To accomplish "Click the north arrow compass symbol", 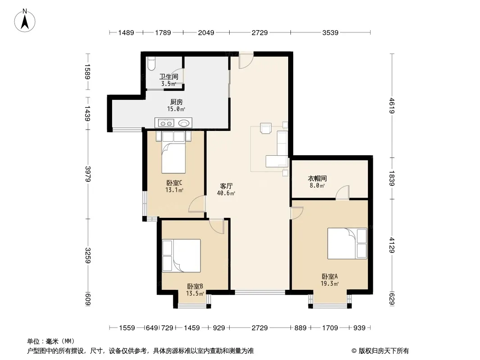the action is (x=24, y=20).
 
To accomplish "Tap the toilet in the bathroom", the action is (x=151, y=63).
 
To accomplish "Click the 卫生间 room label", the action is (x=169, y=76).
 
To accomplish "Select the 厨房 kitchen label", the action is (x=177, y=102).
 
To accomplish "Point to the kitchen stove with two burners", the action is (x=166, y=123).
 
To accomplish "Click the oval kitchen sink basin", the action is (x=184, y=123).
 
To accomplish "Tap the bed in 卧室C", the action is (x=173, y=152).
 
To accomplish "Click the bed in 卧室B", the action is (x=181, y=256).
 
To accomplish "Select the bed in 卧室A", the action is (x=347, y=243).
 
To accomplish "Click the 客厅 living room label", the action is (x=226, y=186).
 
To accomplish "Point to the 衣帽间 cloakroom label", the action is (x=317, y=178).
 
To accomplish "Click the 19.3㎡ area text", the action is (x=330, y=283).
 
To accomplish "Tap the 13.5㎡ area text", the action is (x=195, y=294).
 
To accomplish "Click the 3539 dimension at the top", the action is (x=331, y=32).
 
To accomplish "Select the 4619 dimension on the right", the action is (x=392, y=106).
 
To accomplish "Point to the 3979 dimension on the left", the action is (x=88, y=174).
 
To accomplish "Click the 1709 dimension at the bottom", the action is (x=330, y=328).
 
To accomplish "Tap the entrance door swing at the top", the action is (x=246, y=60).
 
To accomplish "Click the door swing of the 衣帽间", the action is (x=342, y=193).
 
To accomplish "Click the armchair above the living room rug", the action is (x=266, y=128).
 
